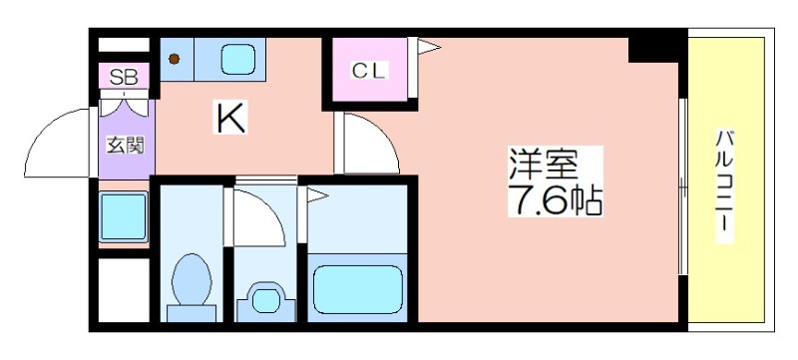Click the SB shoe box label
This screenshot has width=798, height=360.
(124, 77)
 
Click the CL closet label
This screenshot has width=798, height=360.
(368, 71)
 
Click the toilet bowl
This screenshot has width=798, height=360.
(191, 278)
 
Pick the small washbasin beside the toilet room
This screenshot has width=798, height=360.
(265, 298)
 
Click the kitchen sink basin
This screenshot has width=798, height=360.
(239, 60)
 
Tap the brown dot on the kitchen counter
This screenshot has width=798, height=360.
(175, 59)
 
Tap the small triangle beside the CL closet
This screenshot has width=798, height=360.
(426, 45)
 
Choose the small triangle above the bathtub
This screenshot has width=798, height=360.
(316, 196)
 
